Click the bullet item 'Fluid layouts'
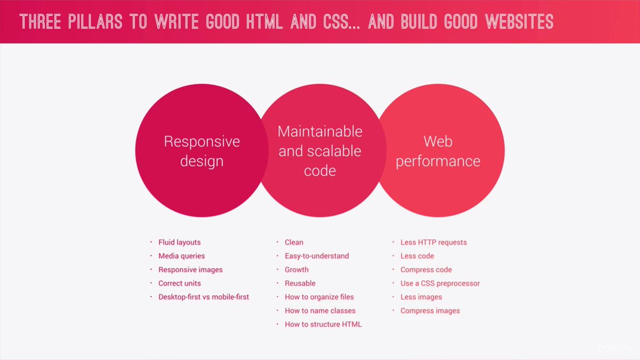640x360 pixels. click(179, 242)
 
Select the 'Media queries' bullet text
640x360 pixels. click(181, 256)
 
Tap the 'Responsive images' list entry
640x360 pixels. click(190, 270)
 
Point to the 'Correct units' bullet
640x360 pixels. click(179, 283)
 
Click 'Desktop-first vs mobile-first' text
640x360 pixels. click(203, 297)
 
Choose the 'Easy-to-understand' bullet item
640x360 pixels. click(316, 256)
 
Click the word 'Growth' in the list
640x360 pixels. click(297, 270)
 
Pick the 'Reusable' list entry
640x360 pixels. click(300, 283)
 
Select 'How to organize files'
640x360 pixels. click(319, 297)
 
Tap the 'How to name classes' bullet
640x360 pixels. click(320, 310)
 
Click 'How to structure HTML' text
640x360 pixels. click(323, 324)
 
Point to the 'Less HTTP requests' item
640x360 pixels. click(433, 242)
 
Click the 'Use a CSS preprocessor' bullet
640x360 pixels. click(440, 283)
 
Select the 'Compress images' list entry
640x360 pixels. click(430, 310)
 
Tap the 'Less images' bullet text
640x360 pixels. click(421, 297)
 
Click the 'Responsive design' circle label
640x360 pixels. click(202, 151)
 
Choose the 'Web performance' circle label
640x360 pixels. click(438, 151)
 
